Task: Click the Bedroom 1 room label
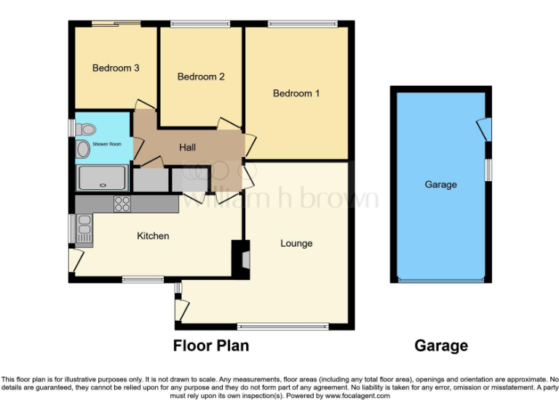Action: click(x=296, y=93)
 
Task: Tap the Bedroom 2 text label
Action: click(x=201, y=76)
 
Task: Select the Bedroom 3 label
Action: click(x=116, y=68)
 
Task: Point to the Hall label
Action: click(x=188, y=148)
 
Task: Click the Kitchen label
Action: click(x=153, y=236)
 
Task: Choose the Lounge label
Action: click(x=296, y=243)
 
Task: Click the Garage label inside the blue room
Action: click(x=440, y=185)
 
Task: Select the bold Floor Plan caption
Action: click(x=211, y=346)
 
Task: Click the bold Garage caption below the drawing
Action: click(x=440, y=346)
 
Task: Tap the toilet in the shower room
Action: click(x=86, y=129)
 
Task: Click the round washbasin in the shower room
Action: click(x=83, y=150)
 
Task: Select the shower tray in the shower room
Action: click(x=103, y=177)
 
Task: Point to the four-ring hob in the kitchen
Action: click(x=122, y=204)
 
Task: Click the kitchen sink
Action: click(x=84, y=228)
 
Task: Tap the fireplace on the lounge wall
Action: click(x=239, y=258)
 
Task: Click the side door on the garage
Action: click(x=483, y=129)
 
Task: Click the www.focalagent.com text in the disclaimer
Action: click(x=357, y=396)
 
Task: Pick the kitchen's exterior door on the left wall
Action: click(x=74, y=258)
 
